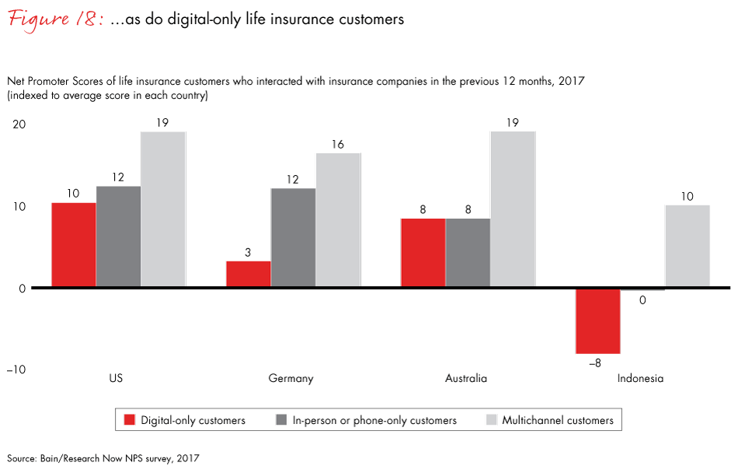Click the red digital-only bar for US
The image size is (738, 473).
(74, 245)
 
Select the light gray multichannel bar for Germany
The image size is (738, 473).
(338, 220)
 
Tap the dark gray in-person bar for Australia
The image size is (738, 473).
(468, 253)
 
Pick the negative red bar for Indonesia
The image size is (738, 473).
(597, 321)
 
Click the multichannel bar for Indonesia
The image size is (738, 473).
(687, 247)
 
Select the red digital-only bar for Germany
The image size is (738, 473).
(249, 275)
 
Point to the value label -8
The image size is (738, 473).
(597, 363)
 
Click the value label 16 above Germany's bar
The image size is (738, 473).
(338, 144)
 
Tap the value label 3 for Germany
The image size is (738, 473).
(249, 252)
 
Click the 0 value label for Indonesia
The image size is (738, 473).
(642, 300)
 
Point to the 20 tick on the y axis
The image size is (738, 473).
(19, 124)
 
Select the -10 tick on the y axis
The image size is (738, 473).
(16, 370)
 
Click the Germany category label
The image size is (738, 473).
(291, 379)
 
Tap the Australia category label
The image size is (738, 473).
(466, 379)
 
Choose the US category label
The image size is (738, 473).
(117, 379)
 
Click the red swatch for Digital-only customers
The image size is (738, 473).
(130, 420)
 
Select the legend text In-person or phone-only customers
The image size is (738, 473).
(374, 420)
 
